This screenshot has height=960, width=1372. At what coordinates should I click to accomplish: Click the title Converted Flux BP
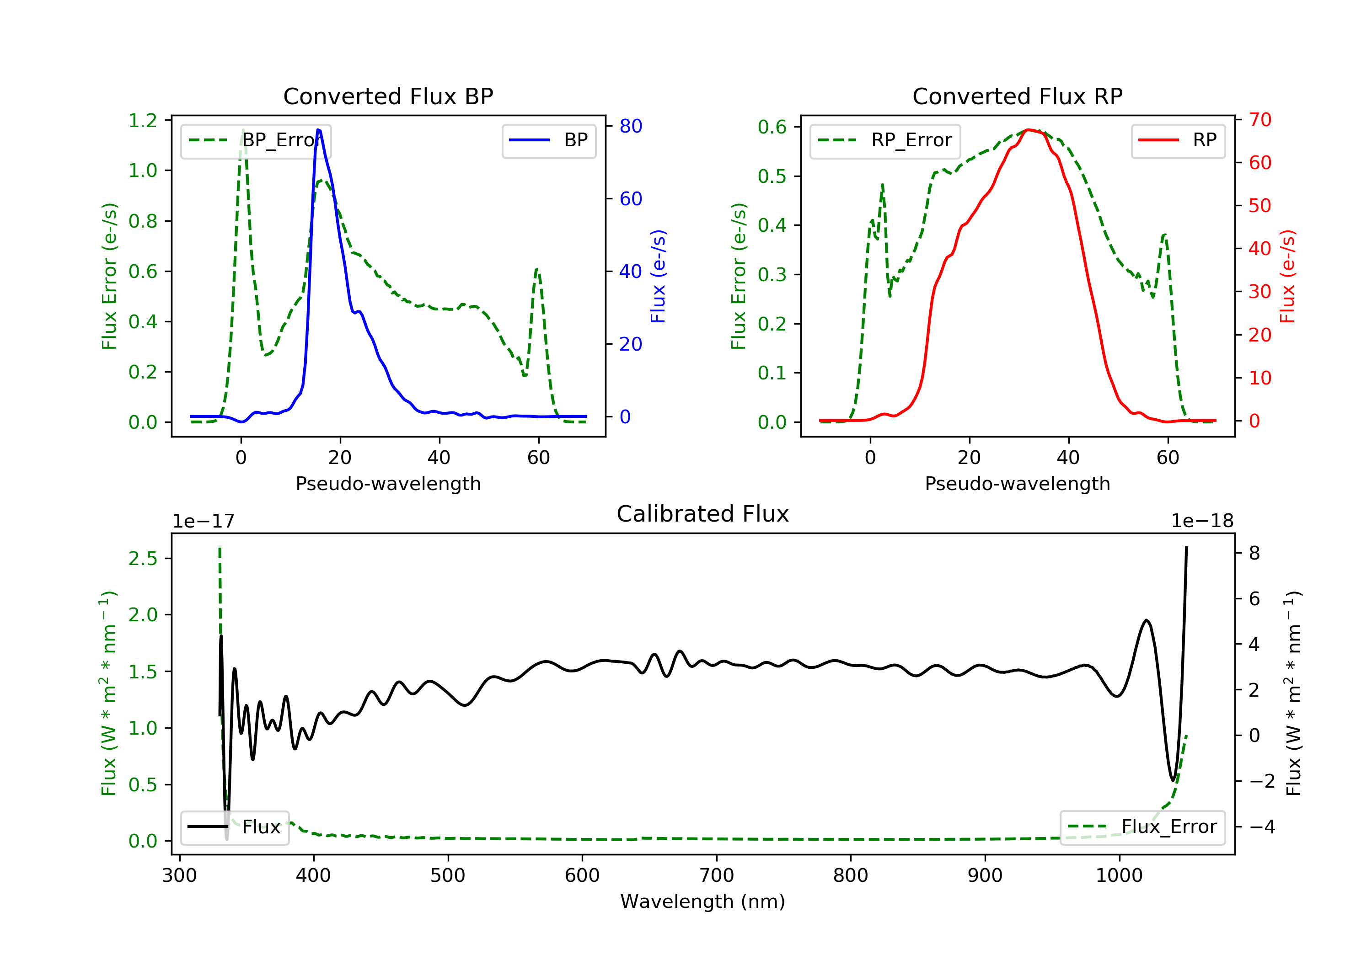point(388,96)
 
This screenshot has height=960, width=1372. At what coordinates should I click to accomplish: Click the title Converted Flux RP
point(1017,96)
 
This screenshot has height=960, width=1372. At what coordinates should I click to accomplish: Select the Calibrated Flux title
point(703,514)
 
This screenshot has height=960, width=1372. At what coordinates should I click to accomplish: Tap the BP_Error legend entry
point(256,140)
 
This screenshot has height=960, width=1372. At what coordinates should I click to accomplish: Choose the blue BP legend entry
point(548,140)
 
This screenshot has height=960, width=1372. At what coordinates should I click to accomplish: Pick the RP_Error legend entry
point(885,140)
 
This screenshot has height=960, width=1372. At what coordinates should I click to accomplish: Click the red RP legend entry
point(1178,140)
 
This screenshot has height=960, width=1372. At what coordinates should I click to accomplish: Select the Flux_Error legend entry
point(1142,827)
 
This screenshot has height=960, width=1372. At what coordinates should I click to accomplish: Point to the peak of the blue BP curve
point(318,130)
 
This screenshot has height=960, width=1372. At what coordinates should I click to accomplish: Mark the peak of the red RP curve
point(1028,130)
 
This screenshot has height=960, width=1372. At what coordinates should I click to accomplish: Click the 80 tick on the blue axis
point(630,126)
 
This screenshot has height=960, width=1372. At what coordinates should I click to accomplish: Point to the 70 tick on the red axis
point(1259,119)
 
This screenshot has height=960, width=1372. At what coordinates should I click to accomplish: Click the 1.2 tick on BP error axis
point(143,120)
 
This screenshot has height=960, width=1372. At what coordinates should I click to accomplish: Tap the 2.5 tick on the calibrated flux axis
point(143,559)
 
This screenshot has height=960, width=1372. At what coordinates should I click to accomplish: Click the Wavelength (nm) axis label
point(703,901)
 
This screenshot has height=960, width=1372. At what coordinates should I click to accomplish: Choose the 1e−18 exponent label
point(1202,521)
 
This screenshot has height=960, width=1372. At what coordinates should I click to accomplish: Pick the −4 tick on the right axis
point(1262,827)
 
